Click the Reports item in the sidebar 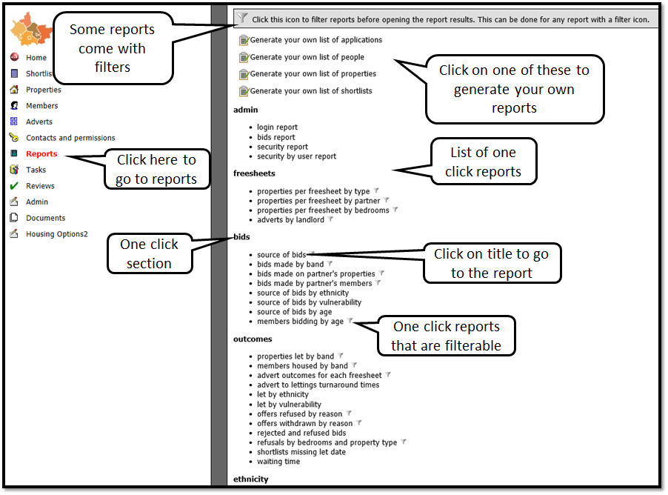pyautogui.click(x=41, y=154)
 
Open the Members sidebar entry pyautogui.click(x=41, y=106)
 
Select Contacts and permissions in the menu pyautogui.click(x=70, y=138)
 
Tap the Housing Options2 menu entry pyautogui.click(x=56, y=234)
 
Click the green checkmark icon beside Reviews pyautogui.click(x=13, y=186)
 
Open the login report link pyautogui.click(x=277, y=127)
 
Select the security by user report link pyautogui.click(x=296, y=156)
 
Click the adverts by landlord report pyautogui.click(x=290, y=220)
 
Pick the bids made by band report pyautogui.click(x=290, y=265)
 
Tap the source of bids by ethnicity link pyautogui.click(x=303, y=293)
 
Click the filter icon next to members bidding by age pyautogui.click(x=351, y=322)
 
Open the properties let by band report pyautogui.click(x=295, y=356)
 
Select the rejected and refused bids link pyautogui.click(x=301, y=433)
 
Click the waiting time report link pyautogui.click(x=278, y=462)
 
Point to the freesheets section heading pyautogui.click(x=254, y=173)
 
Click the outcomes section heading pyautogui.click(x=253, y=339)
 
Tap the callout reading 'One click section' pyautogui.click(x=149, y=253)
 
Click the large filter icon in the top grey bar pyautogui.click(x=243, y=19)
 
